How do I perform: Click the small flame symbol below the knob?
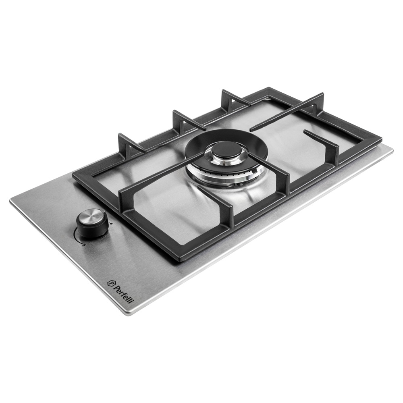(83, 246)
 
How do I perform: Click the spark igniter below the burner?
(241, 184)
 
